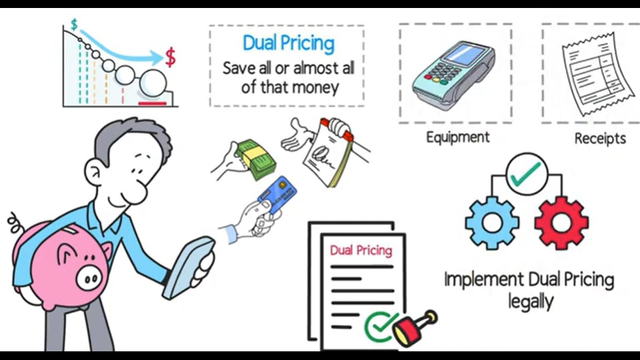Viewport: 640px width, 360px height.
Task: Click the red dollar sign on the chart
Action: [x=170, y=57]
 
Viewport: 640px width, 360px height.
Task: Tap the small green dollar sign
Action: [x=74, y=25]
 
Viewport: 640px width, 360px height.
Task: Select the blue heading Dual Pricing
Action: [x=289, y=44]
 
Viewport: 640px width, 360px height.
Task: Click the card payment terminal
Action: [x=453, y=74]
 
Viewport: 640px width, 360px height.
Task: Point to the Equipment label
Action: [x=457, y=137]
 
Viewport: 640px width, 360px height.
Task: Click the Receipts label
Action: [x=600, y=139]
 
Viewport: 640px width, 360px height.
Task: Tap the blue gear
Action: [x=492, y=223]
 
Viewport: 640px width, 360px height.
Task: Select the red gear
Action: [x=561, y=223]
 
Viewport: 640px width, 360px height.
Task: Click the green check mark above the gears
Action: [x=526, y=174]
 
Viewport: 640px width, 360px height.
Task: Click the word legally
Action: [x=531, y=302]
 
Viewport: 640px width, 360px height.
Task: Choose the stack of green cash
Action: [x=256, y=159]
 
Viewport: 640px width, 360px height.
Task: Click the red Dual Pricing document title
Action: [x=361, y=250]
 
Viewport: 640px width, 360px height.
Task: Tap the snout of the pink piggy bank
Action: [x=89, y=278]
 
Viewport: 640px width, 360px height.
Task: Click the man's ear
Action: [x=94, y=172]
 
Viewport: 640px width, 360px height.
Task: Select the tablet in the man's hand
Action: [x=189, y=268]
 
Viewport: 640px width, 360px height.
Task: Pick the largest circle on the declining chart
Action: [x=153, y=83]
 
